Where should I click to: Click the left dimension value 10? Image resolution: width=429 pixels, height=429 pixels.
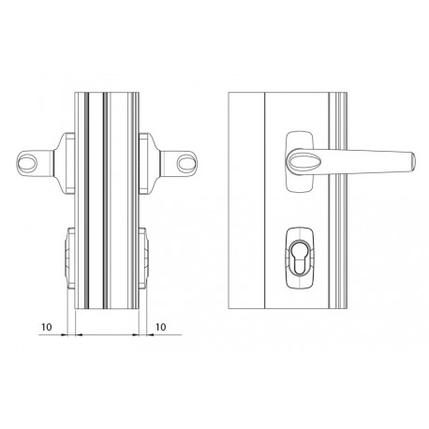46,327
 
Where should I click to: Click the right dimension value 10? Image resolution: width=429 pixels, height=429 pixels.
160,327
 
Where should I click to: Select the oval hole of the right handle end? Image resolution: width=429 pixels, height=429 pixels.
187,163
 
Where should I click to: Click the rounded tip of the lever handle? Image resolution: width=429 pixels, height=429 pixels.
412,162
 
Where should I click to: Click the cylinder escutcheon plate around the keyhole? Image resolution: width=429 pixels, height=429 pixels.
300,258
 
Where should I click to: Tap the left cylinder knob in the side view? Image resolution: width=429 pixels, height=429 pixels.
70,258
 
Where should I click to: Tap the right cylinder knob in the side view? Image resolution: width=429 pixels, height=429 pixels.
143,258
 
